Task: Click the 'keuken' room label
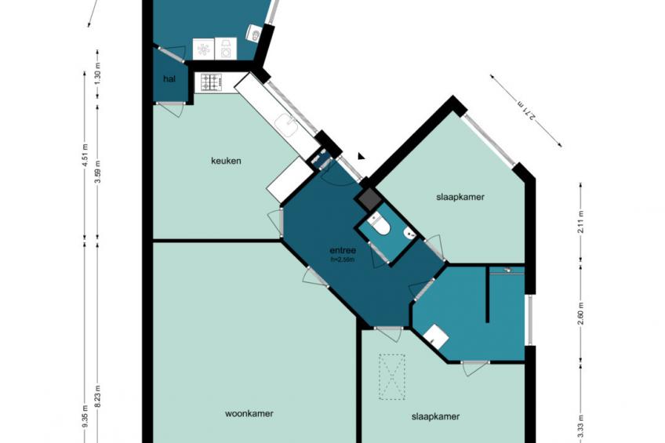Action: [x=226, y=161]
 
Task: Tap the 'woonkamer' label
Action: [x=249, y=413]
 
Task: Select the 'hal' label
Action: [x=169, y=79]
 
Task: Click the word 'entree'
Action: [x=343, y=251]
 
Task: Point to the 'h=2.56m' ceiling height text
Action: [x=343, y=260]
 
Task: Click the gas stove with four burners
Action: [x=211, y=82]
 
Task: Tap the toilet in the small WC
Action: [x=379, y=226]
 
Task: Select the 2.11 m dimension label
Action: [x=580, y=221]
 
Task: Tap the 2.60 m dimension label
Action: [x=580, y=313]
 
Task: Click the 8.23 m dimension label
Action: [x=97, y=396]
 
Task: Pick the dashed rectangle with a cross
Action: [x=392, y=377]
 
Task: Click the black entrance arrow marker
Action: [x=361, y=157]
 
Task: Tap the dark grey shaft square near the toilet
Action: [x=368, y=198]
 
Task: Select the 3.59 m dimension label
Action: [x=97, y=172]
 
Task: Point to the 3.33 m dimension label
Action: [x=580, y=431]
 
